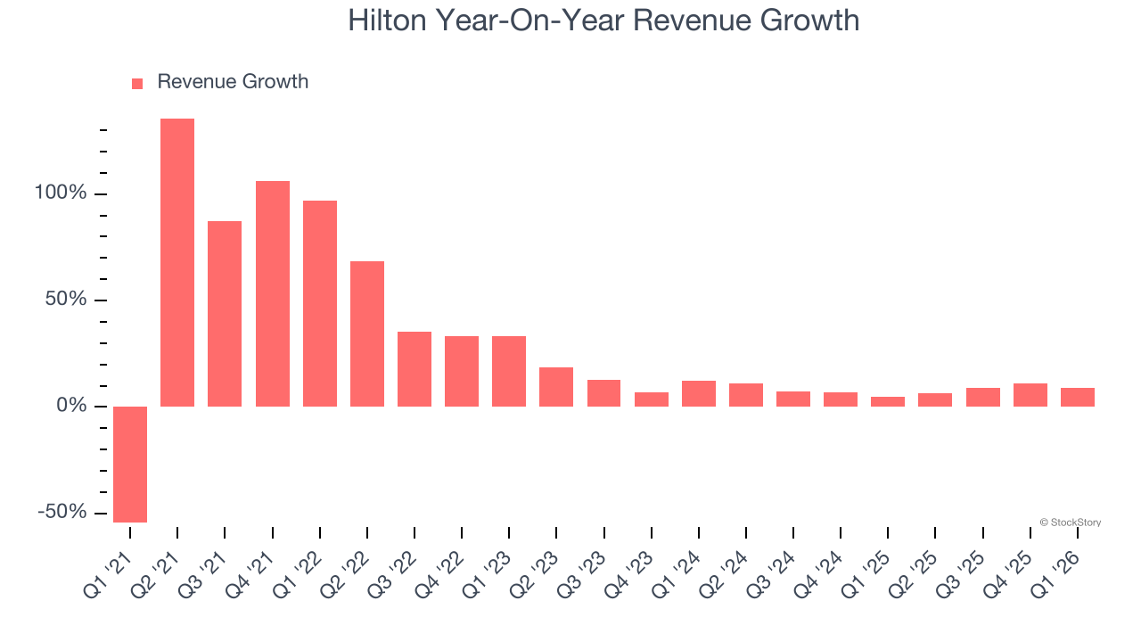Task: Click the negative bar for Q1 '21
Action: click(x=130, y=464)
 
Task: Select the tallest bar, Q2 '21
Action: click(x=177, y=263)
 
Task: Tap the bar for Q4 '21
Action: click(x=273, y=294)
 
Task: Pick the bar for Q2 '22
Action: click(x=367, y=334)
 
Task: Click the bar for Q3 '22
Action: click(x=415, y=369)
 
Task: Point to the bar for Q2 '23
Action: click(x=556, y=387)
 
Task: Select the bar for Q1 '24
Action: click(x=699, y=393)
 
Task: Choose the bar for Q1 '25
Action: click(x=888, y=401)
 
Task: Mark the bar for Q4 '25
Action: click(x=1030, y=395)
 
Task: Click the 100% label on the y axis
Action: click(x=62, y=193)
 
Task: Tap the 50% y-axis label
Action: click(x=67, y=300)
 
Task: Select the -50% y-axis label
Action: click(x=62, y=512)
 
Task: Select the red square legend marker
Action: click(x=137, y=84)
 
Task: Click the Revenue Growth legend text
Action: click(x=233, y=82)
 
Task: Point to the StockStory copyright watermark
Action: click(x=1070, y=523)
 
